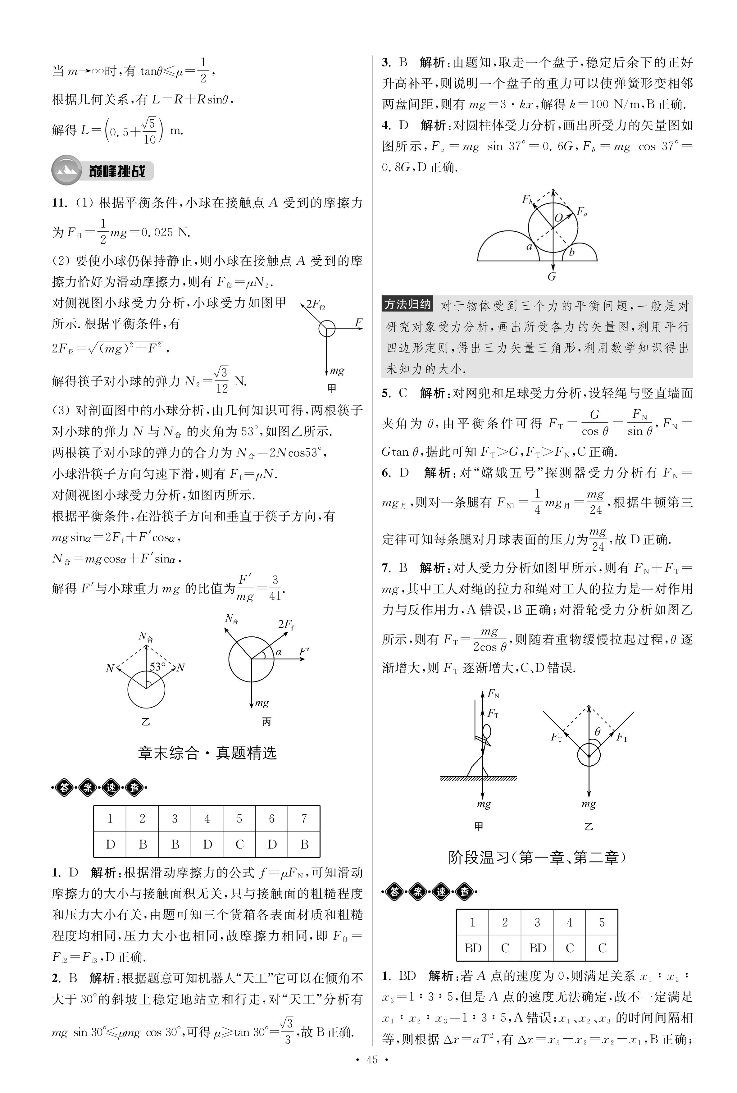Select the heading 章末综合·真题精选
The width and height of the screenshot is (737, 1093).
(x=207, y=753)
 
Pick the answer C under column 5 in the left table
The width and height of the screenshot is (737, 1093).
(x=239, y=844)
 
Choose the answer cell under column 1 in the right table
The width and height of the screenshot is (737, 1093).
(x=472, y=948)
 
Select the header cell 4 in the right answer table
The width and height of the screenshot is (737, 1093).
(x=569, y=922)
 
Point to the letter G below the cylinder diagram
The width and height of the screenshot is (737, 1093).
(x=552, y=277)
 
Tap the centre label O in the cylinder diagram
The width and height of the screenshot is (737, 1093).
(x=558, y=218)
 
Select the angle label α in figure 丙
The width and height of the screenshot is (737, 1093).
(x=278, y=652)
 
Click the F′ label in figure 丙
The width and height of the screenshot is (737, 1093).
(x=304, y=652)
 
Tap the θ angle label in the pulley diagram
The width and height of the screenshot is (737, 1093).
(x=598, y=731)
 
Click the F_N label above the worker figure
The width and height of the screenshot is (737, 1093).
(x=493, y=693)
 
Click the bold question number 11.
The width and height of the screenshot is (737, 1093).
(x=60, y=203)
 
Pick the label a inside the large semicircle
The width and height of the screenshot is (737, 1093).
(x=529, y=246)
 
